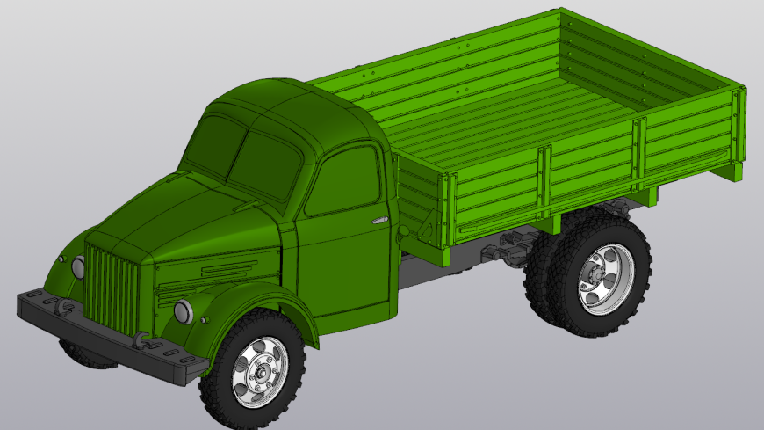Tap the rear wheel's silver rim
coord(605,275)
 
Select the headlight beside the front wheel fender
coord(183,310)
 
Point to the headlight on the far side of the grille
coord(77,267)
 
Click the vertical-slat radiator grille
coord(112,287)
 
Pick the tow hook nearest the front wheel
coord(140,339)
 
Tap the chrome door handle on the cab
coord(379,219)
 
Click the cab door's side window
coord(342,181)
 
